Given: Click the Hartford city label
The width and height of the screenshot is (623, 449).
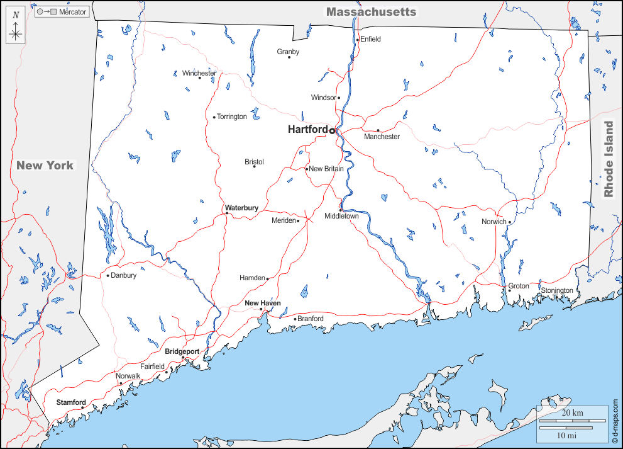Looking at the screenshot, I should pos(307,130).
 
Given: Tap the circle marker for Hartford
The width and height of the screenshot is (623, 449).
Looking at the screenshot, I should pos(332,131).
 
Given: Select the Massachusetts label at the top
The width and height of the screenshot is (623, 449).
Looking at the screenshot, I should pos(371,12).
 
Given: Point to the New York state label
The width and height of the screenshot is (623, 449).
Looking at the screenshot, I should pos(45,166).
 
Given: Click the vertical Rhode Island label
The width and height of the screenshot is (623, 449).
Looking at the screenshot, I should pos(609,159).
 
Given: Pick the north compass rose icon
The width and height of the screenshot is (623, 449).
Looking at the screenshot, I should pos(16,28).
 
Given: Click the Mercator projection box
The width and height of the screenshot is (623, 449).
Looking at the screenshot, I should pos(62,12).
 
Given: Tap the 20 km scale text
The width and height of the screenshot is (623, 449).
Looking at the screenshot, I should pos(572,412).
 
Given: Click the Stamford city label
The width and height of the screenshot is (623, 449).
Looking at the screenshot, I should pos(70,402).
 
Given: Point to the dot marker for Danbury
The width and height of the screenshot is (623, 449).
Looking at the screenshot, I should pos(108,275).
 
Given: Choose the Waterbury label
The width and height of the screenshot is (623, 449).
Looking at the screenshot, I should pos(241,208).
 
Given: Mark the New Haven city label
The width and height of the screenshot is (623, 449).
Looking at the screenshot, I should pos(262,304).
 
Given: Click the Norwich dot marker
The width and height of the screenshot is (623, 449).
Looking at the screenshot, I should pos(510,222).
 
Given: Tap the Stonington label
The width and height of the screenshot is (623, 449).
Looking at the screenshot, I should pos(557,290).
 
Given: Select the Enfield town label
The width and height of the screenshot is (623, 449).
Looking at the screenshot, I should pos(370,39).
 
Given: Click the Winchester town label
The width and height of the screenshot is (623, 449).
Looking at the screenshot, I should pos(199,73).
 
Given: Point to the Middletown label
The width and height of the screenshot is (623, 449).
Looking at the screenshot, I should pos(341,217).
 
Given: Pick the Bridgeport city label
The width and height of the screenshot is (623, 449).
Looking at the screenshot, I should pos(182,351).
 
